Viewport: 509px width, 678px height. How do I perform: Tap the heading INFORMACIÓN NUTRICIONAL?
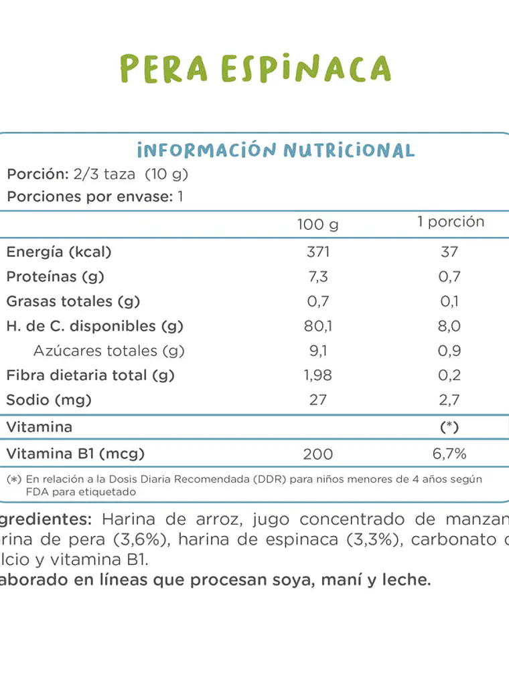(275, 149)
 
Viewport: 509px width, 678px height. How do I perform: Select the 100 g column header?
(317, 224)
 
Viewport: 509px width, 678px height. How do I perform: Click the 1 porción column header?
(450, 222)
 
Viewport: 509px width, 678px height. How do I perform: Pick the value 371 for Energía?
(317, 252)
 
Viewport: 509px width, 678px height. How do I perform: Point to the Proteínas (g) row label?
(56, 276)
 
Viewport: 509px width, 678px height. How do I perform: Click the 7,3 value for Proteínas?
(317, 276)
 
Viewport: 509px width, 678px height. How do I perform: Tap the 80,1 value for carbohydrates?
(317, 326)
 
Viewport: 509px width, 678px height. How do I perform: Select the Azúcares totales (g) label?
(108, 351)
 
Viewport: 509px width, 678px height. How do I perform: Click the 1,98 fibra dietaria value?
(317, 375)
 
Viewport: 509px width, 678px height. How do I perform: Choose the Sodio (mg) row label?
(49, 400)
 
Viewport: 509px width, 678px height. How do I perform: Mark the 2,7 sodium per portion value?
(449, 400)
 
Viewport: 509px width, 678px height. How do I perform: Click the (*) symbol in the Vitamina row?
(449, 427)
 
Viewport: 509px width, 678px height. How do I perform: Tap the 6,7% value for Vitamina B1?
(449, 454)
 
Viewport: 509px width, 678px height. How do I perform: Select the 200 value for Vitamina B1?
(317, 454)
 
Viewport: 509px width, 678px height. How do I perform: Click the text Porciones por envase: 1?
(94, 197)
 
